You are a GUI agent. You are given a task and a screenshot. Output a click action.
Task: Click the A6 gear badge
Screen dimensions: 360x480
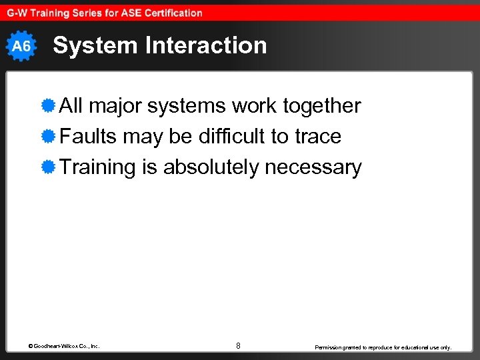point(22,46)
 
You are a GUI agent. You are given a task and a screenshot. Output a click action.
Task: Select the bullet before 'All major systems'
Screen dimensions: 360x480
point(47,106)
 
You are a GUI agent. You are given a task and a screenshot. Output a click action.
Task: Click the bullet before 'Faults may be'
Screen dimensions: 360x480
point(47,137)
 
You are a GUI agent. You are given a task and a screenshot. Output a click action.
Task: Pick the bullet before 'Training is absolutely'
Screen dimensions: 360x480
point(47,167)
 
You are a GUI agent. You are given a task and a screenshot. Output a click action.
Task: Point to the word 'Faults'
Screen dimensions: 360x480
point(89,137)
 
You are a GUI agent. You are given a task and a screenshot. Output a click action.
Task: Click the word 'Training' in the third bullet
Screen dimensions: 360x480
point(97,167)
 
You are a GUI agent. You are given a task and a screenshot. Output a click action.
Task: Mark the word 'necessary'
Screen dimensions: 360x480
point(313,167)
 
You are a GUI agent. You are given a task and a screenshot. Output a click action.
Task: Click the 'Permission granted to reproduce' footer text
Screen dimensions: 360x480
point(383,347)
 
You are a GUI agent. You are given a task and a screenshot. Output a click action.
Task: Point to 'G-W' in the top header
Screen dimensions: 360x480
point(17,13)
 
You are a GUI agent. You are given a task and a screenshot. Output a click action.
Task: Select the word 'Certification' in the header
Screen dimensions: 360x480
point(171,13)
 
